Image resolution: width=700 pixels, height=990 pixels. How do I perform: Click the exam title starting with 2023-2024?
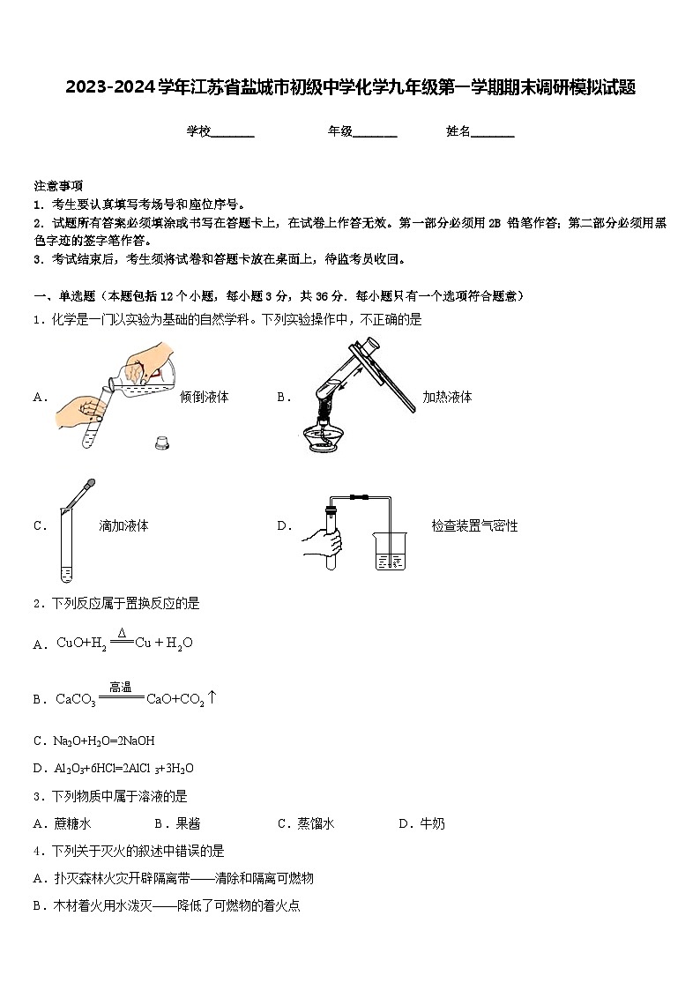pyautogui.click(x=350, y=87)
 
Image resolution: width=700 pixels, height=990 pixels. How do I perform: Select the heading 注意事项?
pyautogui.click(x=58, y=186)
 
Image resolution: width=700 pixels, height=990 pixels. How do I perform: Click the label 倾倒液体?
pyautogui.click(x=204, y=397)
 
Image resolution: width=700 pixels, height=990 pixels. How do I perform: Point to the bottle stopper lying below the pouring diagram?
pyautogui.click(x=161, y=443)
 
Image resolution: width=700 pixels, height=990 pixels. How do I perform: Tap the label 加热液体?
pyautogui.click(x=447, y=397)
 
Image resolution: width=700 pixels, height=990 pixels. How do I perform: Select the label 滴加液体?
pyautogui.click(x=123, y=525)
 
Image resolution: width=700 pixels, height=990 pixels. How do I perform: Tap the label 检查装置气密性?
pyautogui.click(x=474, y=525)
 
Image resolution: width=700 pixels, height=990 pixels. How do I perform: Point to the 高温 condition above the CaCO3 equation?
pyautogui.click(x=121, y=687)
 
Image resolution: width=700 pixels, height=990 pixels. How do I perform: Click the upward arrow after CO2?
pyautogui.click(x=212, y=697)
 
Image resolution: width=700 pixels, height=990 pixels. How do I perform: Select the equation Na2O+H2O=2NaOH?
pyautogui.click(x=105, y=741)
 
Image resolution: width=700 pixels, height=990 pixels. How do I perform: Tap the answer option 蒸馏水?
pyautogui.click(x=315, y=823)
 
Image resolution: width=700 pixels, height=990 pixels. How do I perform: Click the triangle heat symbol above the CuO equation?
pyautogui.click(x=122, y=633)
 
